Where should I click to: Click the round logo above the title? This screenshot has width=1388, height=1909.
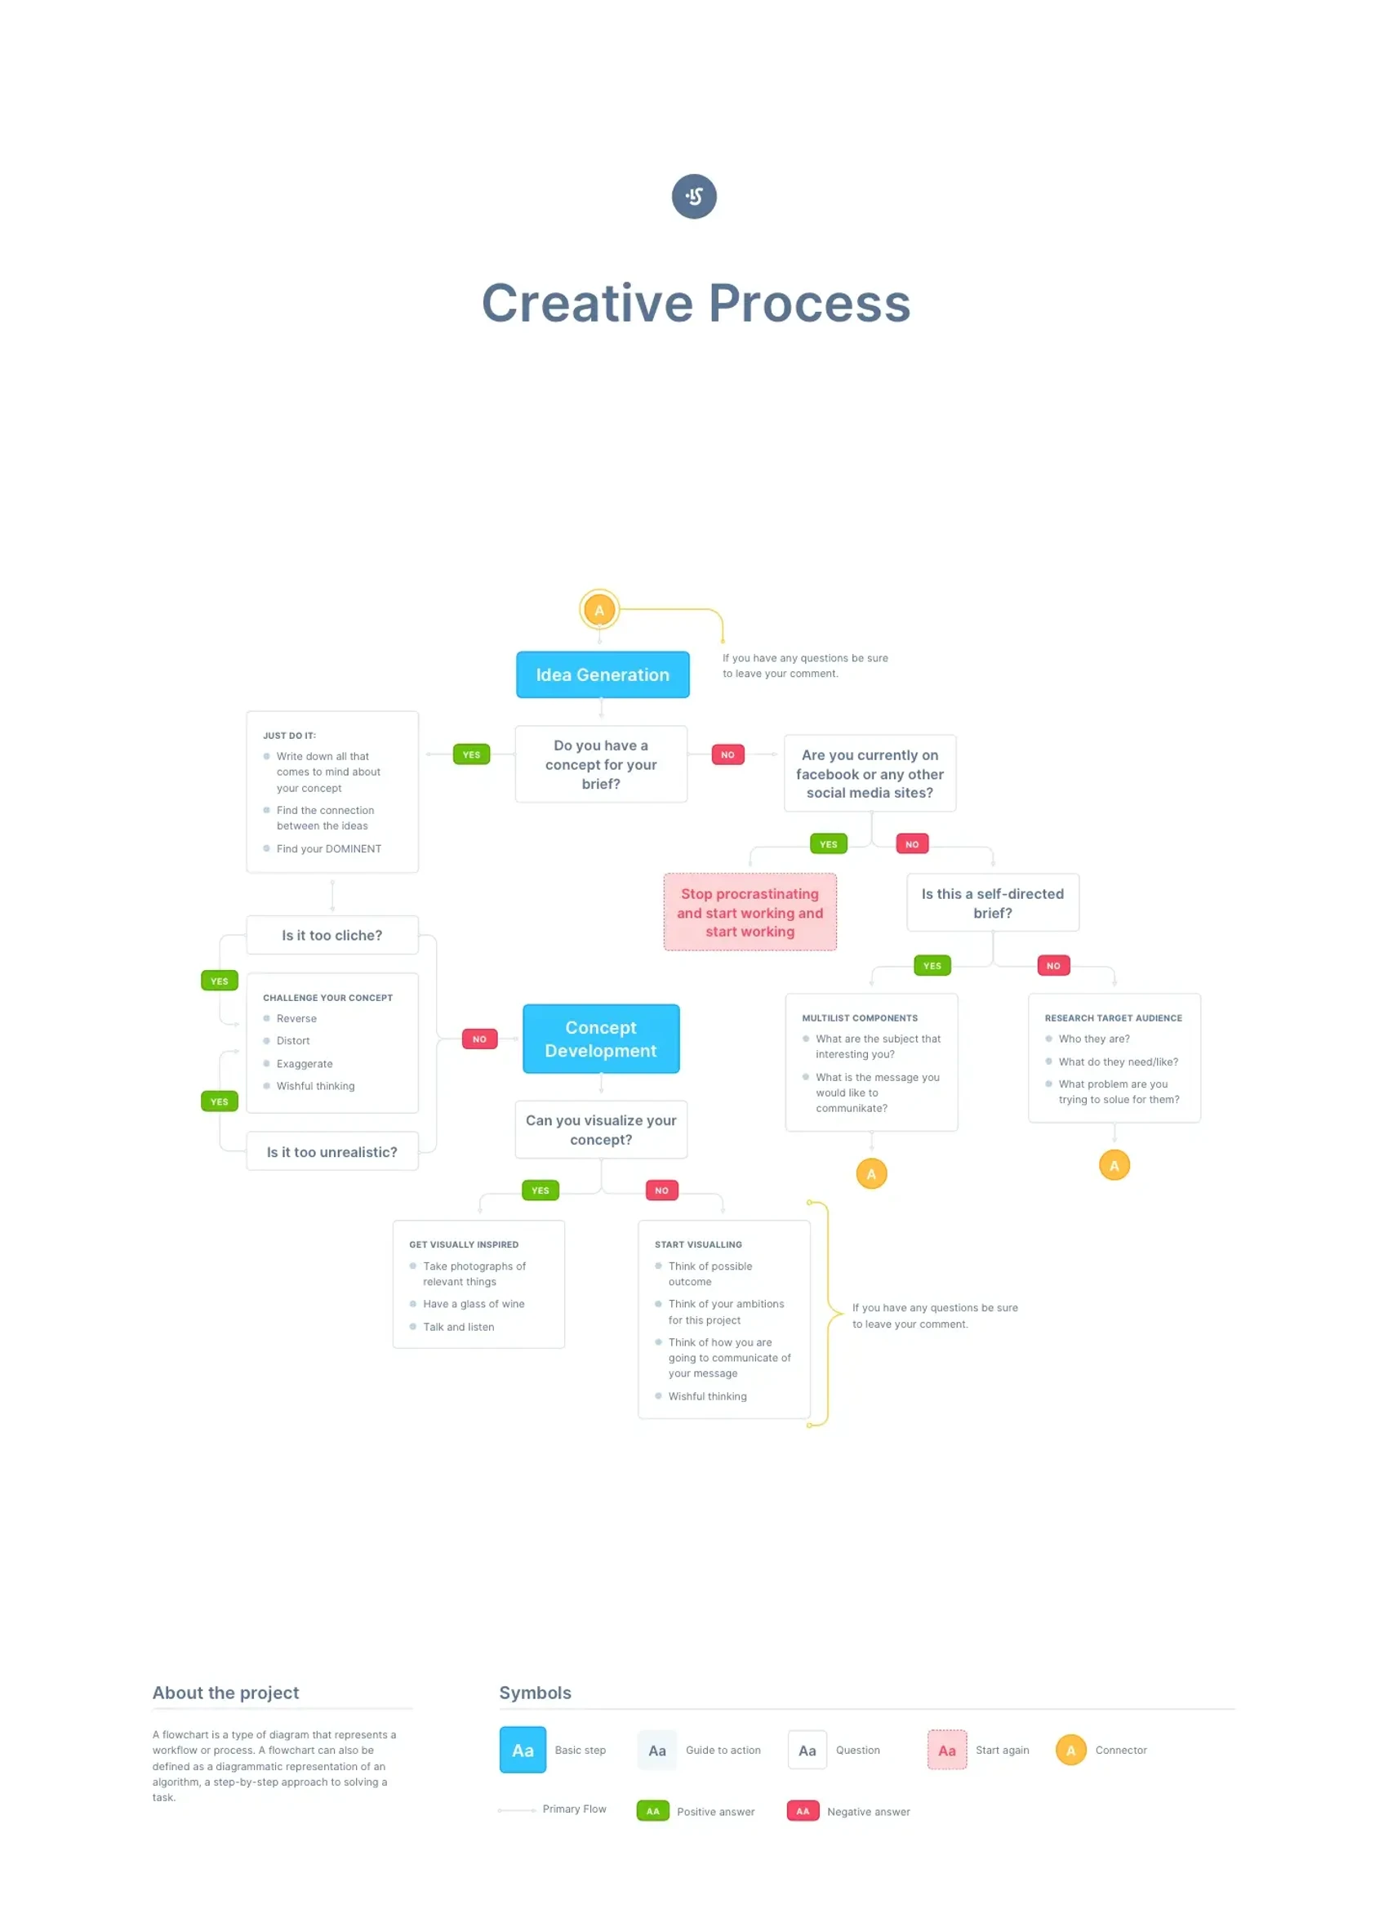click(x=693, y=196)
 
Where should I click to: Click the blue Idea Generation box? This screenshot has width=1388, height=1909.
click(x=603, y=674)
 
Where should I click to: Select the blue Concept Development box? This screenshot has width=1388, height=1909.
click(x=601, y=1039)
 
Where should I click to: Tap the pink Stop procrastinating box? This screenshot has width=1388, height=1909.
click(x=750, y=912)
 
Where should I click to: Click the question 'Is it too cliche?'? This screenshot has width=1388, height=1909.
click(x=331, y=935)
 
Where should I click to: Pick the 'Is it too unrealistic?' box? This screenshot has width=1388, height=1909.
click(x=331, y=1151)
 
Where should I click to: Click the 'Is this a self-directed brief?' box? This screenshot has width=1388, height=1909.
click(x=992, y=903)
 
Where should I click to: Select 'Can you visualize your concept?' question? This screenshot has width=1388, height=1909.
click(x=601, y=1129)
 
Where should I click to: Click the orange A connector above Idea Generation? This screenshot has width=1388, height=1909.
click(x=599, y=610)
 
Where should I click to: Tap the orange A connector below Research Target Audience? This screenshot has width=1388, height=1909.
click(x=1114, y=1166)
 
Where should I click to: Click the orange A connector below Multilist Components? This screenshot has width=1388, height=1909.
click(x=871, y=1173)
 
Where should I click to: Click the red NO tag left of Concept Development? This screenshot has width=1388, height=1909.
click(x=480, y=1039)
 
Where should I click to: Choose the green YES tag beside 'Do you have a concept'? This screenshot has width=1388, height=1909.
click(x=471, y=755)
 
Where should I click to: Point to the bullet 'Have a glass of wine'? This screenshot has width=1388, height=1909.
click(x=473, y=1304)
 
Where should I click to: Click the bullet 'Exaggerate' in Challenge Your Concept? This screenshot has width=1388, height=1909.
click(x=305, y=1064)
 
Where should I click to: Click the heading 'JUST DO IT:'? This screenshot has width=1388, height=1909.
click(x=290, y=736)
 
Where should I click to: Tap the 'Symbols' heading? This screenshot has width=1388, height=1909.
click(x=536, y=1693)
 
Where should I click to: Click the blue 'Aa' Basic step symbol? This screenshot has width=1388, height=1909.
click(x=523, y=1750)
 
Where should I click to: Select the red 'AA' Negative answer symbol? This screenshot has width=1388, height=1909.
click(x=803, y=1811)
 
